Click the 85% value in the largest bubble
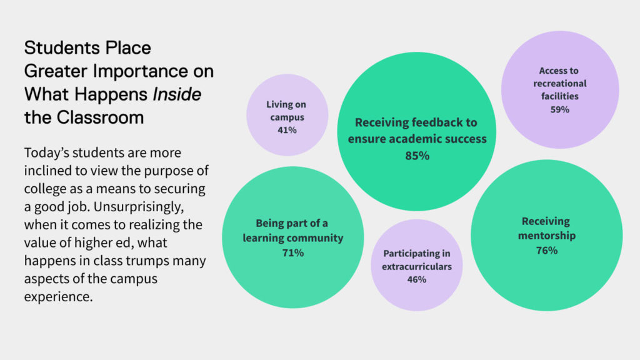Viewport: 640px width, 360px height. pos(417,156)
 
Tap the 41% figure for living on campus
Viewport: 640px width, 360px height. pos(287,130)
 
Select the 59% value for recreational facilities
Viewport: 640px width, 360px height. pos(559,109)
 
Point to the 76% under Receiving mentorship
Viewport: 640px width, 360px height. pos(546,250)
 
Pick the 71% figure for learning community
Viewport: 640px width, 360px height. pos(293,253)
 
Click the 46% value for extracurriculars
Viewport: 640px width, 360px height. pos(417,279)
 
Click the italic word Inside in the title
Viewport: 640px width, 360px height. pos(177,94)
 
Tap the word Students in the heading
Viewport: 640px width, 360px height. pos(62,47)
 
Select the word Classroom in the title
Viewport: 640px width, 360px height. pos(100,117)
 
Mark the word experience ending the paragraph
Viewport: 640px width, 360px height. pos(58,297)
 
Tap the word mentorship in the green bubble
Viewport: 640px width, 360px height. pos(546,236)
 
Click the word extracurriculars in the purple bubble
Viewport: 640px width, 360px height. pos(417,266)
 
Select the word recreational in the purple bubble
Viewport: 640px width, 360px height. pos(559,83)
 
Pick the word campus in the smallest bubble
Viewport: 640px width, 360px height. pos(287,117)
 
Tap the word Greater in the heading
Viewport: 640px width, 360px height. pos(56,71)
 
